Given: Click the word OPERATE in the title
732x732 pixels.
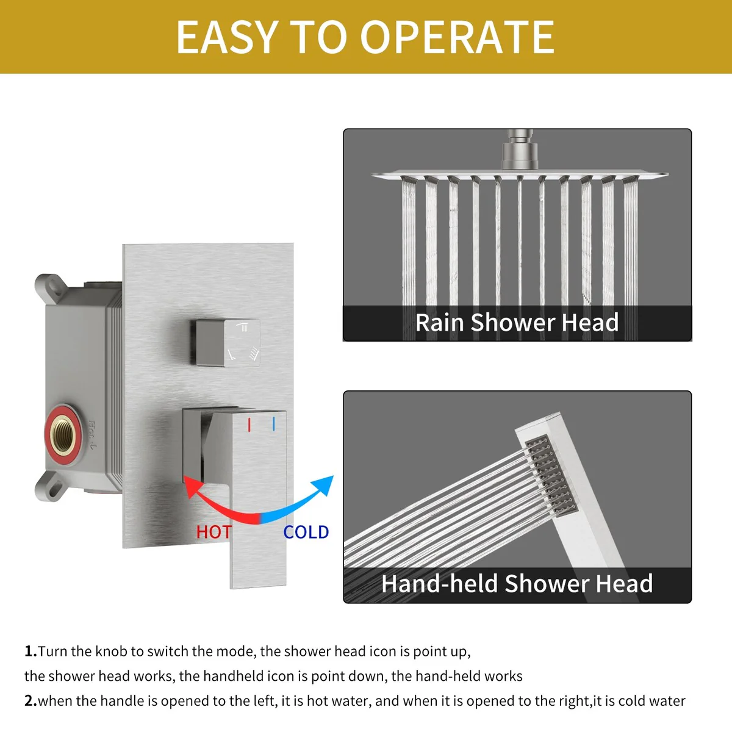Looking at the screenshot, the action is (457, 37).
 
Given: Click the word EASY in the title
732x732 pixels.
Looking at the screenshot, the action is (227, 37).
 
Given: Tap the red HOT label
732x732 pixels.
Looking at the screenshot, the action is (214, 532).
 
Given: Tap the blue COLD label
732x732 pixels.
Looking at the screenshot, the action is (306, 532).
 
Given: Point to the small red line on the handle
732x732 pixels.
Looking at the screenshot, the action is (249, 425).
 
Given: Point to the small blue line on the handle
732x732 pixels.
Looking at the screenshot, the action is (273, 424).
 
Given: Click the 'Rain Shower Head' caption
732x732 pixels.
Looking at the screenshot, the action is (517, 323).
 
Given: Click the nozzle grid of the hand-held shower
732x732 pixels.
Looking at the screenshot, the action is (552, 476).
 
